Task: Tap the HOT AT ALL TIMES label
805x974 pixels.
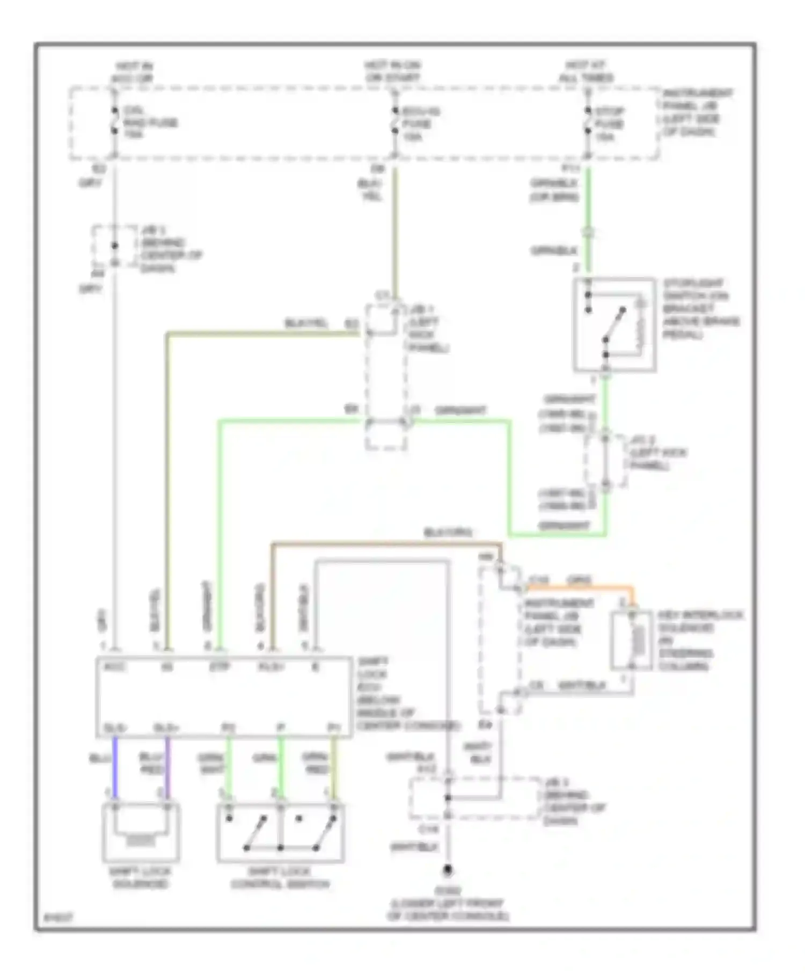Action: pos(586,72)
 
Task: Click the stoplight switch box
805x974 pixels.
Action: pos(614,324)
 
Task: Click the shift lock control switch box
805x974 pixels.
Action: pos(280,832)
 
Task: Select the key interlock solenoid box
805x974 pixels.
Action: pos(631,641)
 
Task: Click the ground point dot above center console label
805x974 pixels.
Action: pos(447,869)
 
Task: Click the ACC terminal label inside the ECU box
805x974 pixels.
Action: pos(115,667)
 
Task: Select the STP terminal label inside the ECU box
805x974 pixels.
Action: pos(219,667)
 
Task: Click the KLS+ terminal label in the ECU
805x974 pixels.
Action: pos(272,667)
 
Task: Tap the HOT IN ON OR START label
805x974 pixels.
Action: pos(392,72)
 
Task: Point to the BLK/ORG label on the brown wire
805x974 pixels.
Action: pos(449,533)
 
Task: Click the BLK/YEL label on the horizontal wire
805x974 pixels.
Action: pos(305,323)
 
